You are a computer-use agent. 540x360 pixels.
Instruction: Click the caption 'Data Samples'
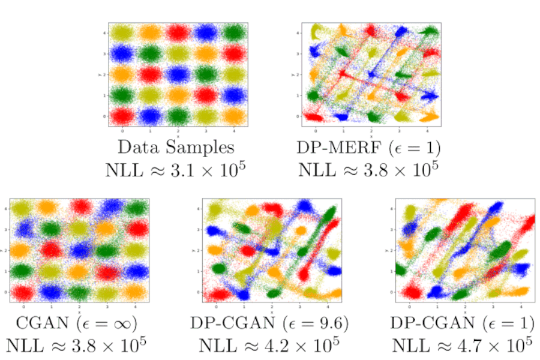click(x=176, y=146)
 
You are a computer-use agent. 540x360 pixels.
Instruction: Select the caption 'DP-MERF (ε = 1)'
click(x=370, y=146)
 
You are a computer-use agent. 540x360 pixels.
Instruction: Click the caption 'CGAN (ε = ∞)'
click(x=76, y=323)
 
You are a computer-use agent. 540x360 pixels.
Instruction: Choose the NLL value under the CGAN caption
click(x=76, y=346)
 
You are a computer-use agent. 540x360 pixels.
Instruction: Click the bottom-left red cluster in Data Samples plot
click(x=122, y=115)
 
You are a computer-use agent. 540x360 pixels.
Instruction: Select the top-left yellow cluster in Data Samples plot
click(x=122, y=31)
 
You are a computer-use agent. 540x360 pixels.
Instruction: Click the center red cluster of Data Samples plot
click(x=178, y=74)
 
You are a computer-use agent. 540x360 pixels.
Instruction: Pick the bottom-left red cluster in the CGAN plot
click(x=23, y=292)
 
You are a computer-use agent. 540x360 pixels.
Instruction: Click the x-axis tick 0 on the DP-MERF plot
click(x=316, y=130)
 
